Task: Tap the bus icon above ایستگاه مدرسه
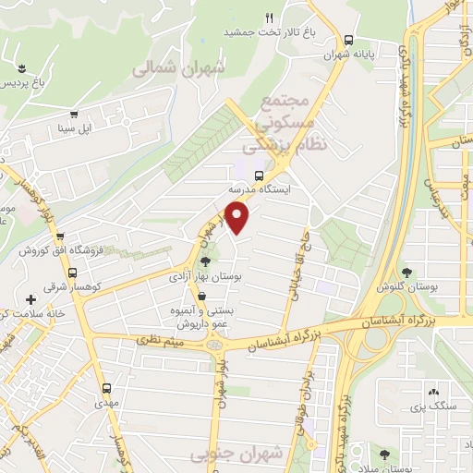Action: coord(260,174)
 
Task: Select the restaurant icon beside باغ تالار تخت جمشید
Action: coord(270,18)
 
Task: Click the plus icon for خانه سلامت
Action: coord(31,299)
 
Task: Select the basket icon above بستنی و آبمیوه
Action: coord(200,297)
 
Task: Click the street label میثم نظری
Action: coord(158,343)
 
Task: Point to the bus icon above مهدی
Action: coord(106,389)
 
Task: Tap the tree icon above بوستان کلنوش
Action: coord(406,272)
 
